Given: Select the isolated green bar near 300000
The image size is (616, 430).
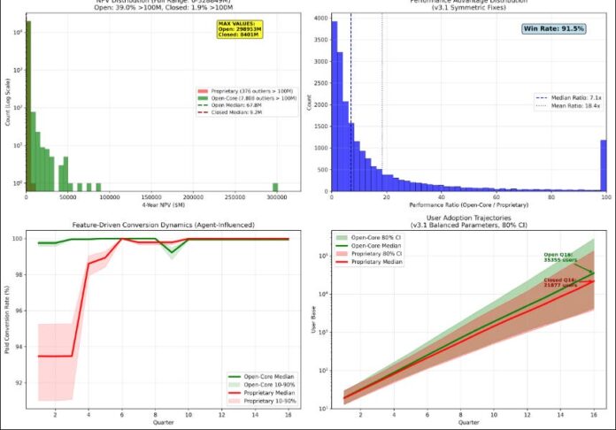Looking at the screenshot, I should [x=275, y=186].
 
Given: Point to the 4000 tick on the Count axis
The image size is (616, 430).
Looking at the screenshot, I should [x=325, y=17].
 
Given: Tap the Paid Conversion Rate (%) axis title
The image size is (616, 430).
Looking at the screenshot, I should [x=8, y=320].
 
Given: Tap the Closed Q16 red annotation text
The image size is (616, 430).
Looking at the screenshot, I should [x=559, y=283].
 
